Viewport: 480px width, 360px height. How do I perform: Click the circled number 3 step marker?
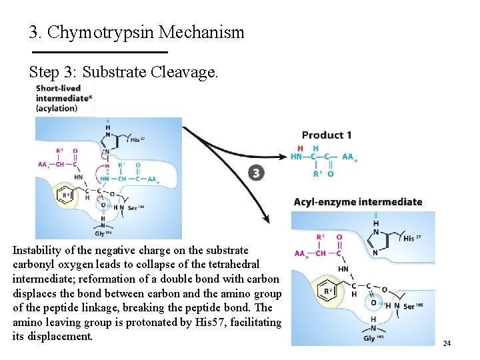tap(256, 174)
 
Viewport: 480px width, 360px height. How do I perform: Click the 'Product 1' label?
tap(327, 135)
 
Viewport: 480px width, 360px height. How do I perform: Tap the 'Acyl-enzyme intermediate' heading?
tap(358, 202)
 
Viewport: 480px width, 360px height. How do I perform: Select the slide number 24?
tap(447, 343)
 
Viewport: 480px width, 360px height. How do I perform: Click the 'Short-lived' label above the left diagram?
tap(58, 88)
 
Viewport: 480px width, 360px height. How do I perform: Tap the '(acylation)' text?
tap(57, 108)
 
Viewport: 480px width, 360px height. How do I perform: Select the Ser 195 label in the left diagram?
tap(136, 207)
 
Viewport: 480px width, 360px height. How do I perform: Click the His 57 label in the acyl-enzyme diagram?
tap(413, 238)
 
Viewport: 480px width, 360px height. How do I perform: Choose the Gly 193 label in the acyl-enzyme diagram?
tap(373, 337)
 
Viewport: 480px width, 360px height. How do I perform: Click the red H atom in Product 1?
tap(301, 148)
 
